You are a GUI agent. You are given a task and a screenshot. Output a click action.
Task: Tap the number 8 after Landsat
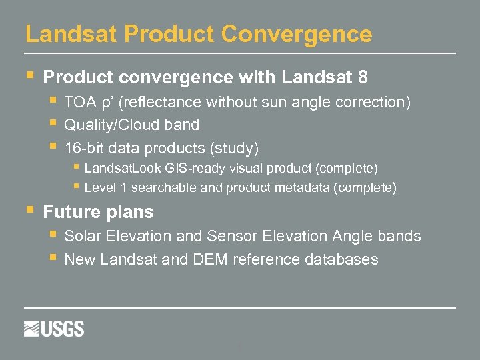click(x=363, y=77)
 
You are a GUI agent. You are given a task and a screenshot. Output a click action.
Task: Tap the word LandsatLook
click(x=123, y=167)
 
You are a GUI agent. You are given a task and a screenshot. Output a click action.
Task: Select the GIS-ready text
click(x=192, y=167)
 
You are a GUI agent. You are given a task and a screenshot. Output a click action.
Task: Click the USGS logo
click(x=54, y=329)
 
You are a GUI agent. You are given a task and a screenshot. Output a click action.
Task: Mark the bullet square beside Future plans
click(x=29, y=210)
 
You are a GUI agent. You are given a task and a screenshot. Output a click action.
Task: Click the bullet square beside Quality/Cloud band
click(x=53, y=124)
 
